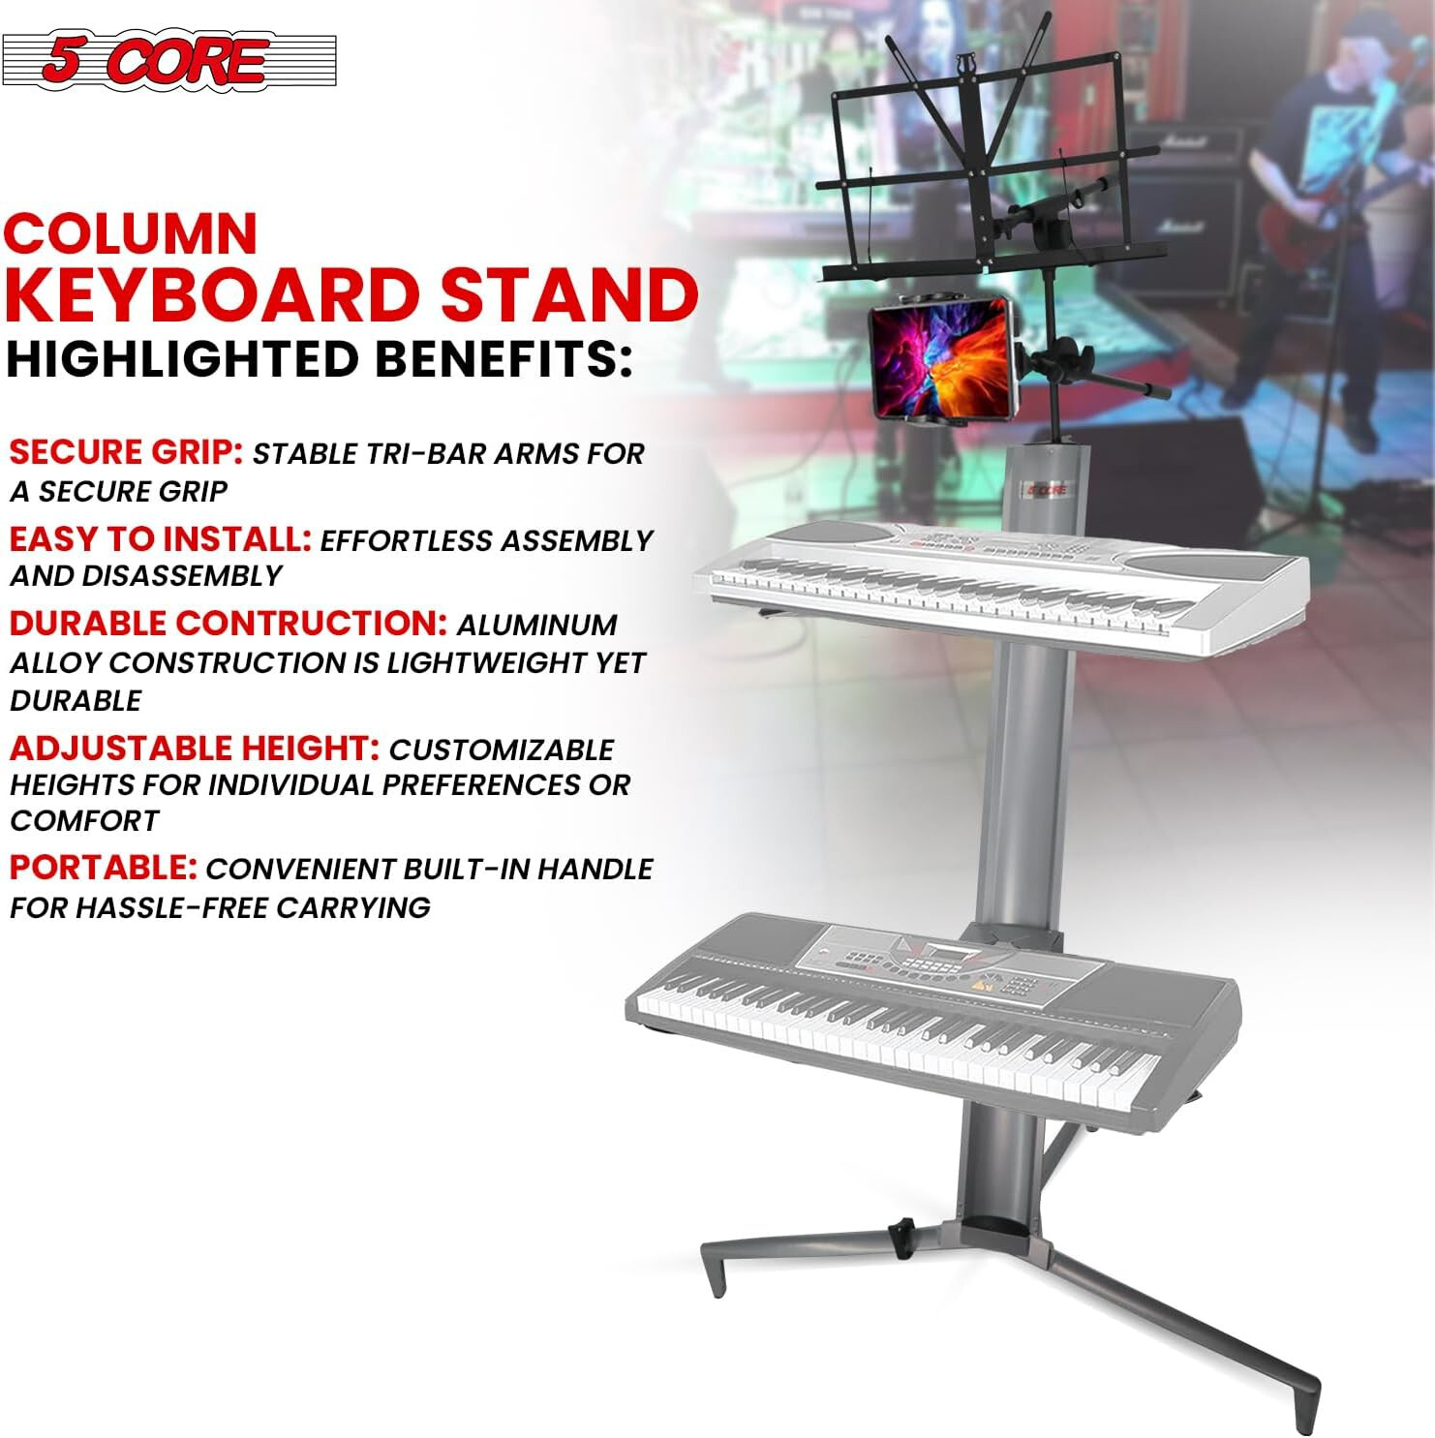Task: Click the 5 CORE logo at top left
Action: click(x=168, y=60)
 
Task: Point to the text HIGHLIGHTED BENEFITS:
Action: click(x=320, y=359)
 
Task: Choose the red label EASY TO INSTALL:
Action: click(x=160, y=538)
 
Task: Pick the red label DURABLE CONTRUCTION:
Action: click(x=228, y=623)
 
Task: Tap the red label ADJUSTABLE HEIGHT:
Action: click(x=194, y=748)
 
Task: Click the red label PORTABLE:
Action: click(x=104, y=868)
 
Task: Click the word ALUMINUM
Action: click(x=536, y=626)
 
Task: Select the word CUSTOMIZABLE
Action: click(x=502, y=750)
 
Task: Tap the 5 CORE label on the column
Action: click(x=1047, y=490)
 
